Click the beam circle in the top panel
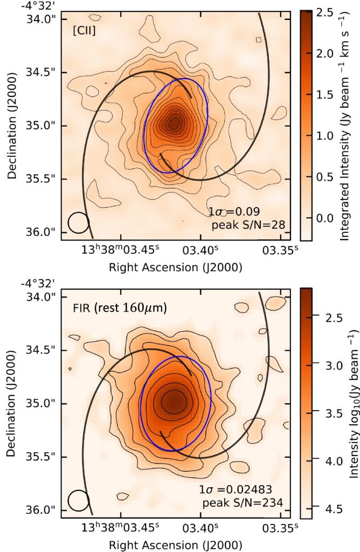(x=78, y=223)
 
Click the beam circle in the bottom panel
(x=78, y=500)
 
